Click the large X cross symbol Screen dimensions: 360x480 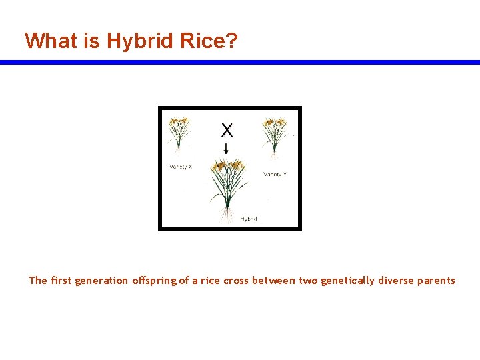(x=227, y=129)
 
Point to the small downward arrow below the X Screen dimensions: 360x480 (x=227, y=148)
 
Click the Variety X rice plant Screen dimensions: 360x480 (x=178, y=133)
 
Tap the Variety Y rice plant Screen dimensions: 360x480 (x=275, y=134)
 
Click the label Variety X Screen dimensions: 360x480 (x=180, y=167)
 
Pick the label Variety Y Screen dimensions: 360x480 (x=275, y=174)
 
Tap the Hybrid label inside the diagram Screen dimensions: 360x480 (x=249, y=219)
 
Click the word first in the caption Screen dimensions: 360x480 (x=61, y=281)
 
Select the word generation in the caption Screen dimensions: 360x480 (x=101, y=281)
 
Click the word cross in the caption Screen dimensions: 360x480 (x=236, y=281)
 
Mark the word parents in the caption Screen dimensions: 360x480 (x=436, y=281)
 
